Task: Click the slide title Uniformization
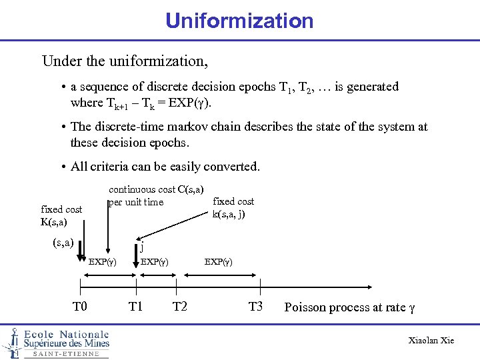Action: point(239,21)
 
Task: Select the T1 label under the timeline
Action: point(136,307)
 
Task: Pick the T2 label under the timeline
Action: point(179,307)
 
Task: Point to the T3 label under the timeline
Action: point(256,307)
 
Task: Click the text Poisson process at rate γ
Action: point(349,307)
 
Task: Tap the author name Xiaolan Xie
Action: point(431,341)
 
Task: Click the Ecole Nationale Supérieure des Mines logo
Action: point(56,343)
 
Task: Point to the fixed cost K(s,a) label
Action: point(61,215)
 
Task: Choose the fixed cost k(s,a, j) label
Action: point(233,207)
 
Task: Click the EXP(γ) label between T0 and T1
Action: point(103,262)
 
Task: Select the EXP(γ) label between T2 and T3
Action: point(218,262)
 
